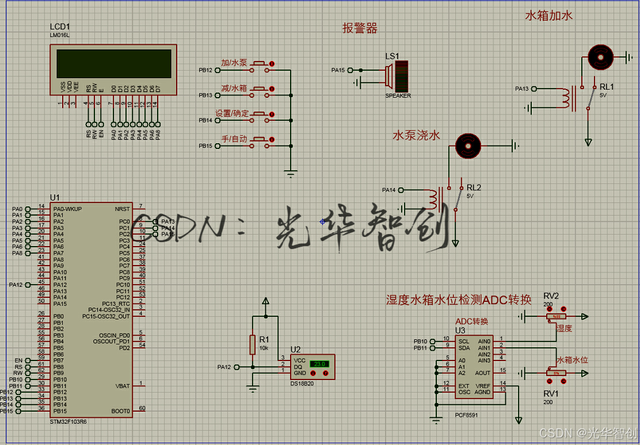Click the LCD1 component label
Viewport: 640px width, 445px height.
click(x=60, y=27)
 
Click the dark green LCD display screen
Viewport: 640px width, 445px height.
click(x=114, y=63)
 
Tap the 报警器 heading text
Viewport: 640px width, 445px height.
click(x=360, y=28)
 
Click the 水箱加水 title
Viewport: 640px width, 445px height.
click(x=548, y=16)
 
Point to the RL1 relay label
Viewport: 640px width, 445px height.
click(x=607, y=87)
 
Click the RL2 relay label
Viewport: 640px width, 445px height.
click(x=474, y=187)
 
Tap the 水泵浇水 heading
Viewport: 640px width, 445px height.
click(x=416, y=136)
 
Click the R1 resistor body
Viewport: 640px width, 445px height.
click(x=252, y=345)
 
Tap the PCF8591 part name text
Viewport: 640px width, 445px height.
click(x=466, y=415)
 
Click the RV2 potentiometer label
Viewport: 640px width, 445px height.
click(x=551, y=296)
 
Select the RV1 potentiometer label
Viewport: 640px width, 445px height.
click(x=551, y=394)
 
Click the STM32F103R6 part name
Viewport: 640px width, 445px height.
click(x=68, y=421)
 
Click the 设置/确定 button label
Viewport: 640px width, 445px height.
click(x=232, y=113)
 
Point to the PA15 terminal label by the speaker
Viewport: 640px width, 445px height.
click(x=338, y=70)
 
